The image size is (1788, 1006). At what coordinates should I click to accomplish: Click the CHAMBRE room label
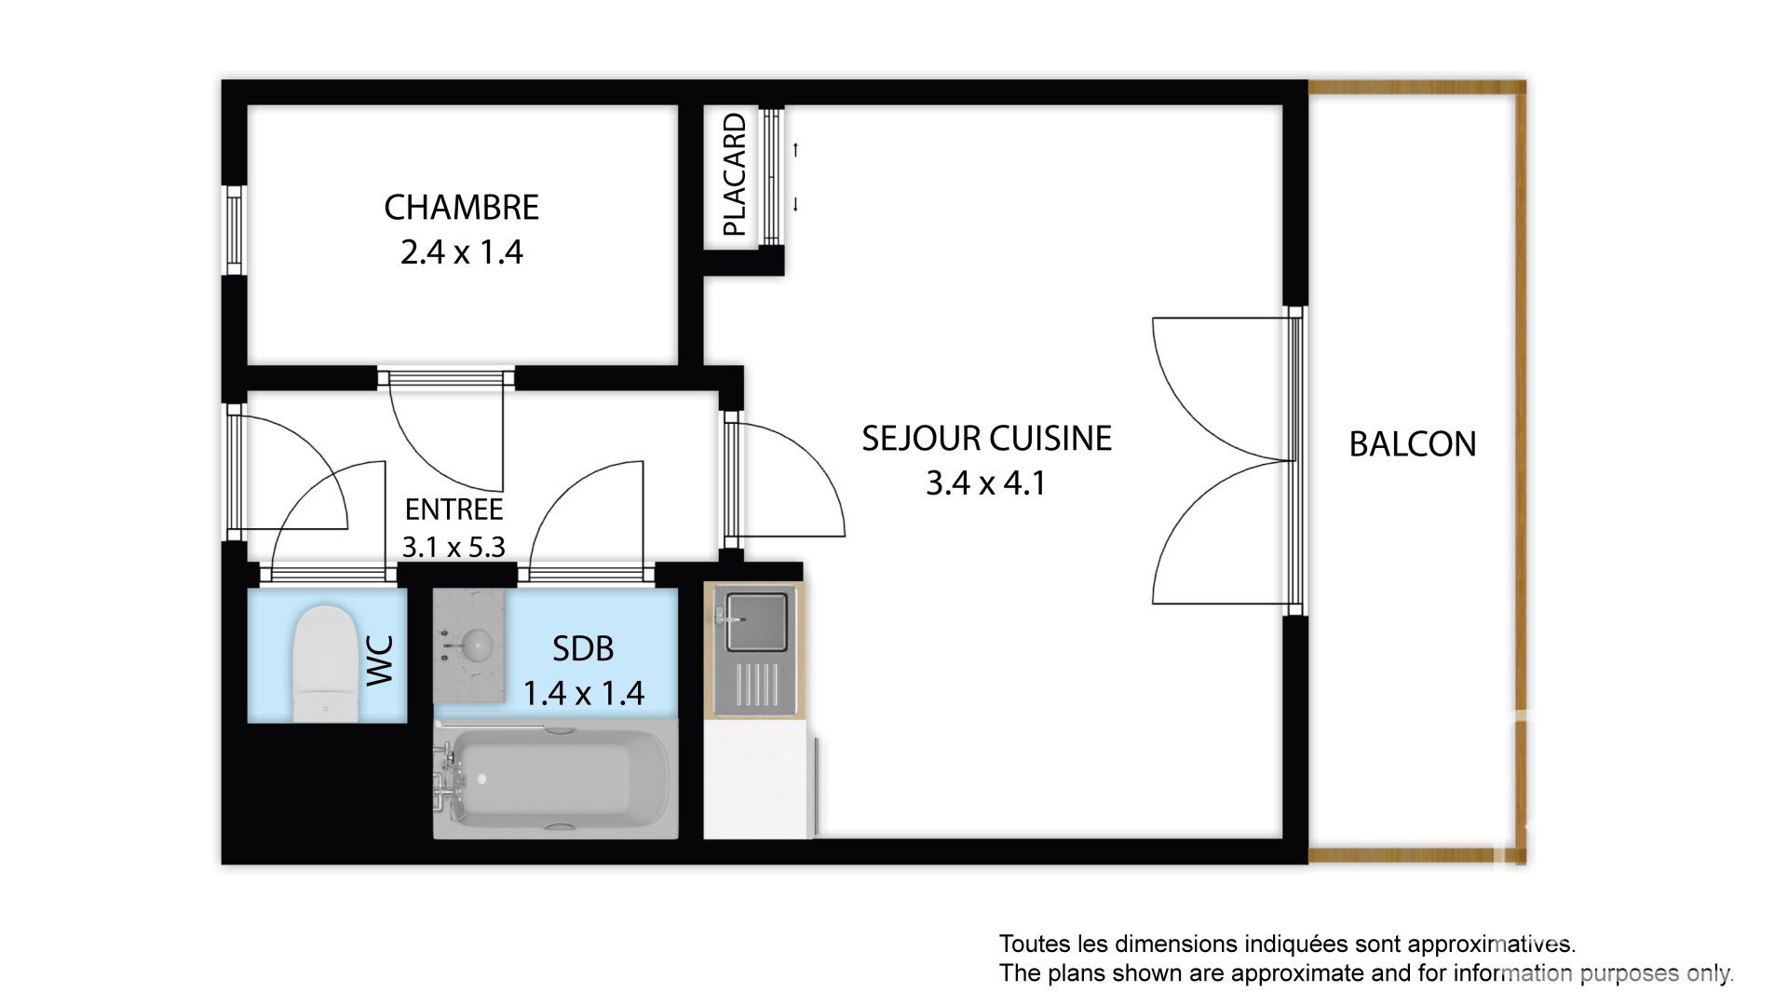point(461,207)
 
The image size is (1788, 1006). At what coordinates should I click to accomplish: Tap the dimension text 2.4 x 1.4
point(461,251)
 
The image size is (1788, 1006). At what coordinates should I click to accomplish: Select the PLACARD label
point(735,174)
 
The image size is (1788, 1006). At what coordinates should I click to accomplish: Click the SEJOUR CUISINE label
point(986,438)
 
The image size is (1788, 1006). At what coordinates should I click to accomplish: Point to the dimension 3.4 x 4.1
point(986,483)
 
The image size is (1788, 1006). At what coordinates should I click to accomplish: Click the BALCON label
point(1413,444)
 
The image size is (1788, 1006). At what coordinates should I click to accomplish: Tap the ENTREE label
point(454,509)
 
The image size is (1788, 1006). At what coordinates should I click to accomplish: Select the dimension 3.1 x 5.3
point(454,546)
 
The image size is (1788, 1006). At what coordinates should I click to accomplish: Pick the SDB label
point(583,648)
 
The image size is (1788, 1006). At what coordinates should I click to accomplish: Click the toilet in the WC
point(326,662)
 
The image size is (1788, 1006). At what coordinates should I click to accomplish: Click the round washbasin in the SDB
point(478,642)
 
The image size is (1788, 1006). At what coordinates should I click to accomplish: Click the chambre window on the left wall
point(234,230)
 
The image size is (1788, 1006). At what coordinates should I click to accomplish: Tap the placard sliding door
point(771,176)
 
